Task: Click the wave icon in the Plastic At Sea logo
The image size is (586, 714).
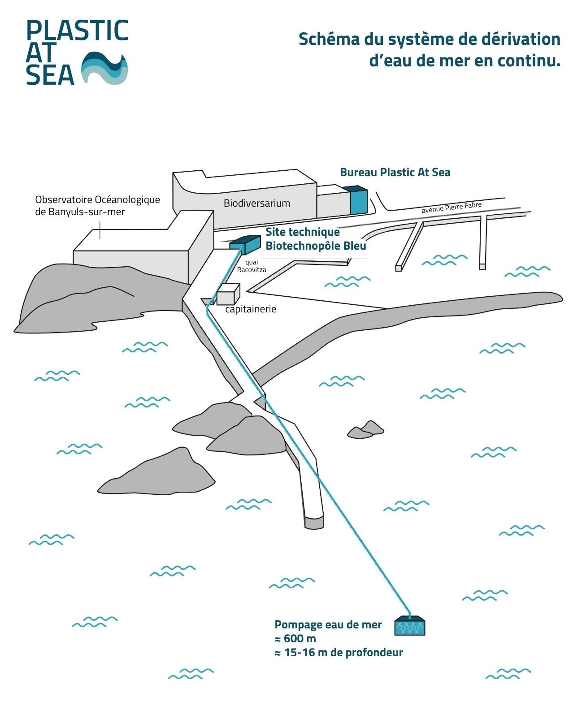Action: [104, 68]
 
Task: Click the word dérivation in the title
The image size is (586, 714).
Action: [521, 39]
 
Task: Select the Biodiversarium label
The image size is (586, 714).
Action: [257, 203]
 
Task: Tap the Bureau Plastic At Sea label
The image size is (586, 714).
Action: [395, 173]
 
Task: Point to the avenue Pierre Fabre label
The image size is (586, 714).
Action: [451, 208]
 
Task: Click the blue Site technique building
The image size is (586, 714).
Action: [245, 244]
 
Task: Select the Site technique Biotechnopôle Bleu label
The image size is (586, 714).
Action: [316, 239]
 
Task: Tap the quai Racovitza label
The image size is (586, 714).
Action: [252, 266]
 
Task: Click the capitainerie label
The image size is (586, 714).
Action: [251, 309]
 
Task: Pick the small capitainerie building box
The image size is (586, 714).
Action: [228, 294]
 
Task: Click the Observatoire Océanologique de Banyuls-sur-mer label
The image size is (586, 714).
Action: [97, 206]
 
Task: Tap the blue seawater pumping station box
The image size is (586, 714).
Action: [409, 626]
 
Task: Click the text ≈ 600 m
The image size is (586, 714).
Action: [295, 639]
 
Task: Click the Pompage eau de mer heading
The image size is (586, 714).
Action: [328, 625]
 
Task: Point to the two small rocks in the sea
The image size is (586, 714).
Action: [366, 429]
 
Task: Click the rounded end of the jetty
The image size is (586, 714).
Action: [314, 522]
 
